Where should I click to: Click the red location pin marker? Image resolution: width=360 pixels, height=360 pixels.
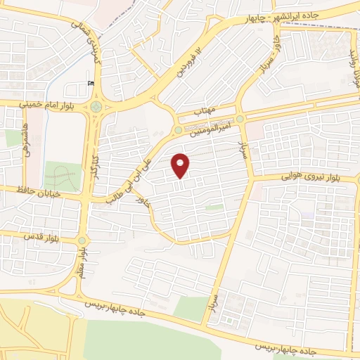(181, 165)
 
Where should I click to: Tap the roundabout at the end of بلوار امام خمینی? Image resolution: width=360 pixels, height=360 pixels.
(94, 108)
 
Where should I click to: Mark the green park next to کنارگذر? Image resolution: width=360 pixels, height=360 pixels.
(63, 176)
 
